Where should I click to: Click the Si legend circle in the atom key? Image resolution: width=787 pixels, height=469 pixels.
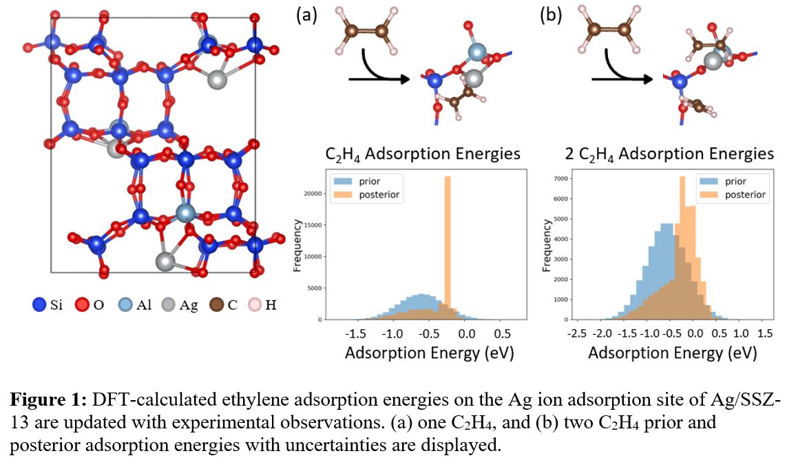point(39,304)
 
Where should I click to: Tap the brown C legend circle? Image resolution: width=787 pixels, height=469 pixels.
point(216,304)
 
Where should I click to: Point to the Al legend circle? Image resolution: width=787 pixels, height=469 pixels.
point(125,304)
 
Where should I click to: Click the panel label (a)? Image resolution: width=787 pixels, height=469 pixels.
point(306,14)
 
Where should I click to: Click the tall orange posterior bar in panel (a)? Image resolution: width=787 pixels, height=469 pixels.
point(448,248)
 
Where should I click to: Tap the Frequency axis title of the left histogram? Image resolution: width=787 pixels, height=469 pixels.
point(298,245)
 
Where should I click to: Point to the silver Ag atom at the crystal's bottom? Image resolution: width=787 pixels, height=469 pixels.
point(165,262)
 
